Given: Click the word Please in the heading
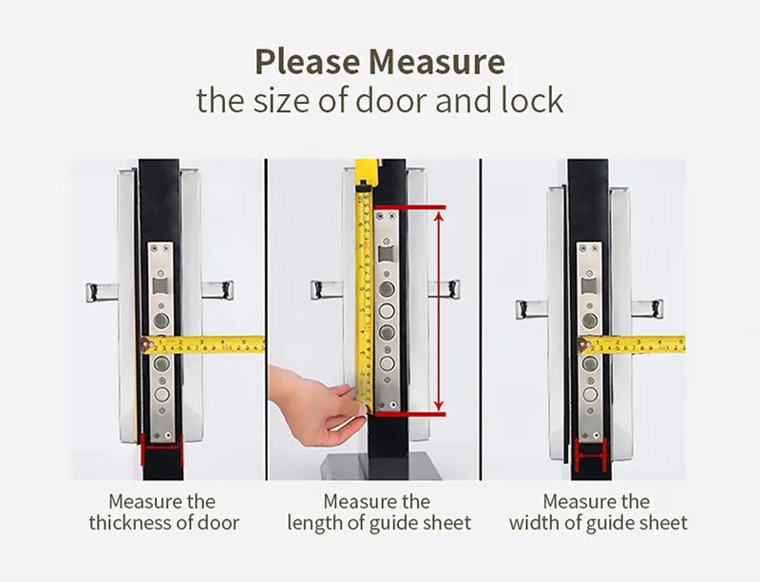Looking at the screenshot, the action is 307,62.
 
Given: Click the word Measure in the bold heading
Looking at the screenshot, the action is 437,62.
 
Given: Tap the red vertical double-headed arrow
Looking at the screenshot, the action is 439,311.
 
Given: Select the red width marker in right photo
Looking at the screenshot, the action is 591,455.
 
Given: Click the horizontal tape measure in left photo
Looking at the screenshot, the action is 203,344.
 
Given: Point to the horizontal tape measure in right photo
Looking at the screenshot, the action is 632,344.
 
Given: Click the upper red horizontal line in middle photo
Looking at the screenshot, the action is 410,207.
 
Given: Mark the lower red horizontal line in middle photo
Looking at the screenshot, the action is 410,415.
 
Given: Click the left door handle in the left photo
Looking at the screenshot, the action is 102,292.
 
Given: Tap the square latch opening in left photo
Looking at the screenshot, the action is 160,286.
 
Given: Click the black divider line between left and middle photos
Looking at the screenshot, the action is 266,320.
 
